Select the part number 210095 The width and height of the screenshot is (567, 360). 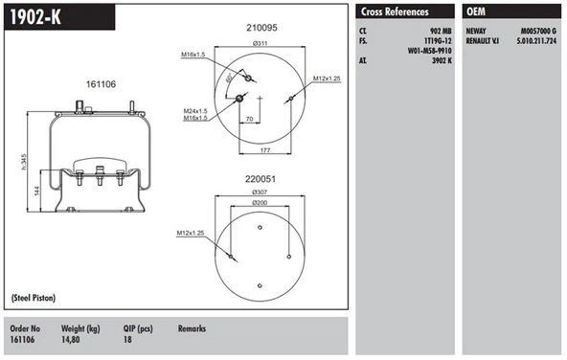261,28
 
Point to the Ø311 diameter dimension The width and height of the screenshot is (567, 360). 259,44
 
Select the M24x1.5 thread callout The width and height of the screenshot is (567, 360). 198,111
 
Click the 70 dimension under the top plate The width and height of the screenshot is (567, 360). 249,120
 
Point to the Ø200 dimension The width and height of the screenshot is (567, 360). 260,204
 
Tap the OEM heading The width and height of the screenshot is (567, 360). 479,11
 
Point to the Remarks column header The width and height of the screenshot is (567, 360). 193,327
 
